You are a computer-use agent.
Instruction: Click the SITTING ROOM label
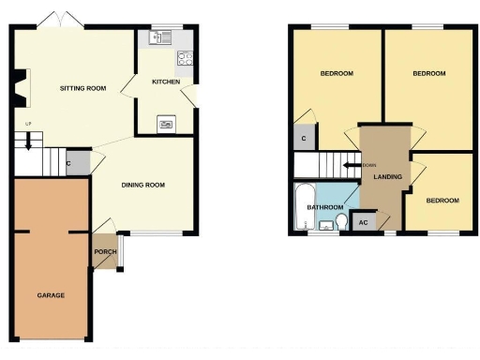[82, 88]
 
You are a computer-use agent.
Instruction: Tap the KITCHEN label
[166, 82]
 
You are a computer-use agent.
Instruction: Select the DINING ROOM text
[142, 185]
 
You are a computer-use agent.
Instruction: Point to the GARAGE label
[51, 295]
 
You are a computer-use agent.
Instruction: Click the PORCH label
[104, 251]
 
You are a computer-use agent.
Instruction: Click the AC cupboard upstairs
[362, 222]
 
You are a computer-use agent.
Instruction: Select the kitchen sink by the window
[156, 38]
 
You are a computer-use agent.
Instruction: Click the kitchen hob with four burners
[186, 56]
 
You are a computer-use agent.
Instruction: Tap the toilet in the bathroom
[339, 222]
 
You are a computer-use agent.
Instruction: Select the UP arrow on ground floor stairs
[28, 142]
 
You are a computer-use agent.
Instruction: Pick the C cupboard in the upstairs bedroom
[302, 139]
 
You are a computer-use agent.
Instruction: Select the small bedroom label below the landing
[442, 201]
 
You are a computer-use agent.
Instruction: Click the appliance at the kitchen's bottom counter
[166, 122]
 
